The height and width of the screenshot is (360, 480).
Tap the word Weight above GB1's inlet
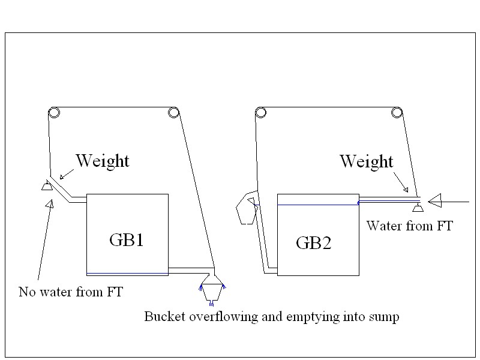pos(102,161)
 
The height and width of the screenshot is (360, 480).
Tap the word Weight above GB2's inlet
pos(366,161)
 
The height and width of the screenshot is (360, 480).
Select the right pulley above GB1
pos(173,112)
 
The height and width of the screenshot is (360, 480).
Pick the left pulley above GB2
pos(260,112)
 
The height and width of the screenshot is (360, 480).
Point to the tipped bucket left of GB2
pos(246,208)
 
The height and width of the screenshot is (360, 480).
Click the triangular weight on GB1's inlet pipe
pos(45,187)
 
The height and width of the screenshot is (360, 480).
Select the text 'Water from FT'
pos(409,226)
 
